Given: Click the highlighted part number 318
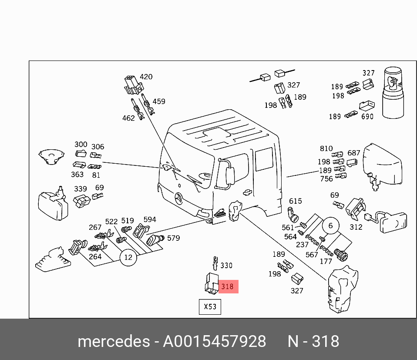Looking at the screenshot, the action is click(x=228, y=286).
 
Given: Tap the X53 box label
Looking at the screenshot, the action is click(x=210, y=306).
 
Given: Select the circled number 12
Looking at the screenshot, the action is click(x=128, y=257).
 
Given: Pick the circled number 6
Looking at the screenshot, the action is click(x=330, y=225).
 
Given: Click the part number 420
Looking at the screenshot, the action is click(x=146, y=77).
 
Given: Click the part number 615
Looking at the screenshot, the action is click(x=296, y=201).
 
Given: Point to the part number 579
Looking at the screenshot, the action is click(x=173, y=238).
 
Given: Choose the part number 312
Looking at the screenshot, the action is click(x=356, y=227).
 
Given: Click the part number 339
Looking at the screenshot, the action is click(x=81, y=188).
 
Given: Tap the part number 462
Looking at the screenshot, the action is click(x=128, y=118).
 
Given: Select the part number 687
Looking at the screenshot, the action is click(x=354, y=153).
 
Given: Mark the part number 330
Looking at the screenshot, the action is click(x=226, y=265).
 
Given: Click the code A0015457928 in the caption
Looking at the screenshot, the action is click(x=215, y=342).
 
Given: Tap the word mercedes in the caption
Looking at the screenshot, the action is click(x=113, y=342).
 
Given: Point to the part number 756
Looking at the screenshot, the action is click(x=326, y=178).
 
